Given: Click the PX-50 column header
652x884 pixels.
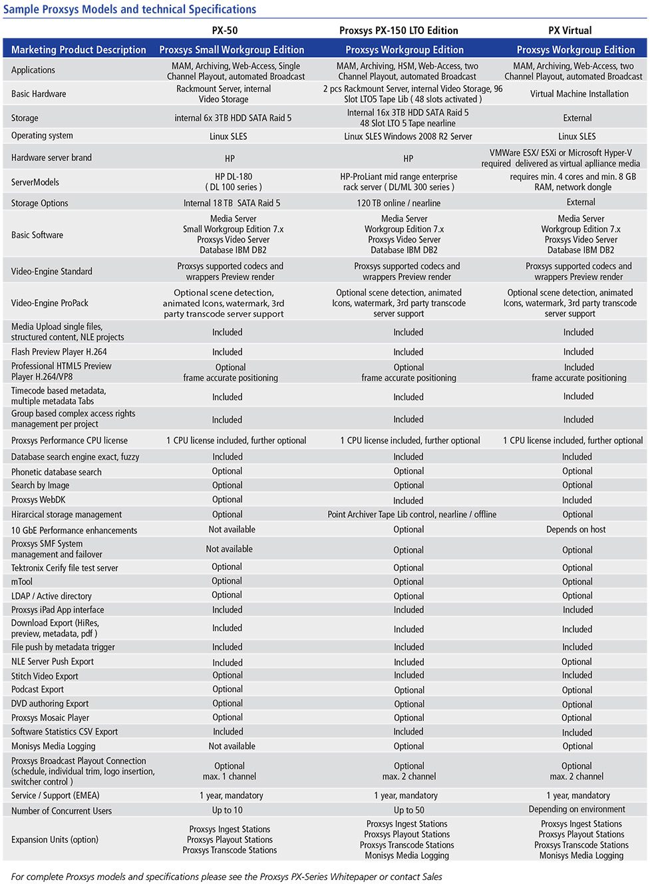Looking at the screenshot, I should [225, 31].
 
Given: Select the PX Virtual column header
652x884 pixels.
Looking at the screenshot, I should [570, 31].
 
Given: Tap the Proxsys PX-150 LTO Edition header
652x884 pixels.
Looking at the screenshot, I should [399, 31].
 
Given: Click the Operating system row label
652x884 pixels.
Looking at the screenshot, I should [42, 136].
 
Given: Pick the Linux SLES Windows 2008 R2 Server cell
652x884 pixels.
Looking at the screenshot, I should [408, 136].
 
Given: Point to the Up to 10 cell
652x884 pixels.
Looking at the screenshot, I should [228, 810].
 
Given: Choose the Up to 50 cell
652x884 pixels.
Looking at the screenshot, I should [408, 810].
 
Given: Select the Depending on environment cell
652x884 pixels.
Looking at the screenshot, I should [577, 809].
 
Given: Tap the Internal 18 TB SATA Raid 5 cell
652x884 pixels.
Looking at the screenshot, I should [232, 203].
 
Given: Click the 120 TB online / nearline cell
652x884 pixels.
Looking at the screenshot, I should [399, 203].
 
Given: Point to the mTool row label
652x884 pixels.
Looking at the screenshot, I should [22, 582].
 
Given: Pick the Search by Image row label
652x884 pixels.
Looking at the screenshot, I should [40, 485].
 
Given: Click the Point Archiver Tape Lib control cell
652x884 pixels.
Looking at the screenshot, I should [412, 515].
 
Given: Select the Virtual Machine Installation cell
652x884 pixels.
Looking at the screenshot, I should [579, 94].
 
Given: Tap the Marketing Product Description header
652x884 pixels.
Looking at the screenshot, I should [79, 50].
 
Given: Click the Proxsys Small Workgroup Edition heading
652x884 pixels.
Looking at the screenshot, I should [232, 50].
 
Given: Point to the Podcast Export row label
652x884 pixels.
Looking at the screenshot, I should [37, 690].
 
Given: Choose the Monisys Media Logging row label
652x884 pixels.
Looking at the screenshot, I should [53, 746].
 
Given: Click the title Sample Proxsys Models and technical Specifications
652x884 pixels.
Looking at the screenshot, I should [130, 9].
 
